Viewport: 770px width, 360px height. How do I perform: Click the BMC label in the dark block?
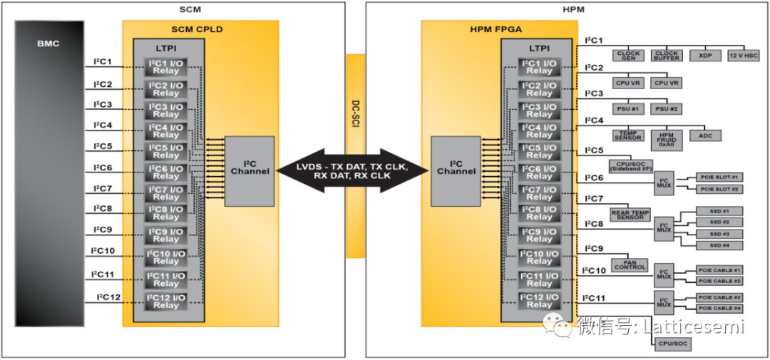click(49, 43)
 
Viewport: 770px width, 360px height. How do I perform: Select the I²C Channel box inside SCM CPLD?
click(250, 171)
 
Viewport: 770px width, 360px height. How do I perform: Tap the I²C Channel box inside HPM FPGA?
click(456, 171)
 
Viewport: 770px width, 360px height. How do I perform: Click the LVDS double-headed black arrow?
click(353, 171)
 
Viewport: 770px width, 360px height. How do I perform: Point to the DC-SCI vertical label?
click(355, 115)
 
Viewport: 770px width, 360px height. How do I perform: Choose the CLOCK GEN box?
click(628, 55)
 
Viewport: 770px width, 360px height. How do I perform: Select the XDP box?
click(706, 55)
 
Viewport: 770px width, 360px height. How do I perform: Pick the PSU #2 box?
click(667, 108)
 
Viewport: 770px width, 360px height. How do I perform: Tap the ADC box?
click(705, 135)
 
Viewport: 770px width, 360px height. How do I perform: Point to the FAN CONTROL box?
click(630, 264)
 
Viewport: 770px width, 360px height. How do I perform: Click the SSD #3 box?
click(719, 234)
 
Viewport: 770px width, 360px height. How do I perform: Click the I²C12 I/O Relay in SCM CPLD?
click(166, 301)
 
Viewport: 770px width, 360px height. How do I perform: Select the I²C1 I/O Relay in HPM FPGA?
click(539, 67)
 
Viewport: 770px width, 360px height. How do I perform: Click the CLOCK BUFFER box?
click(667, 55)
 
